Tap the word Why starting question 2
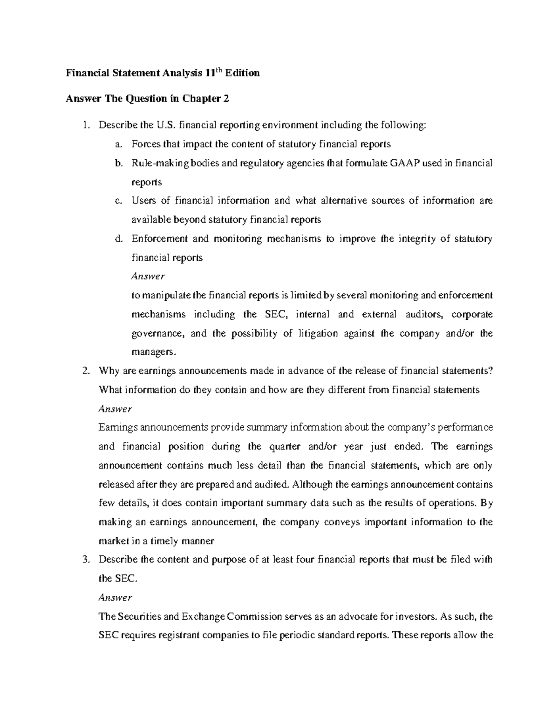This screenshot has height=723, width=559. pos(108,371)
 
